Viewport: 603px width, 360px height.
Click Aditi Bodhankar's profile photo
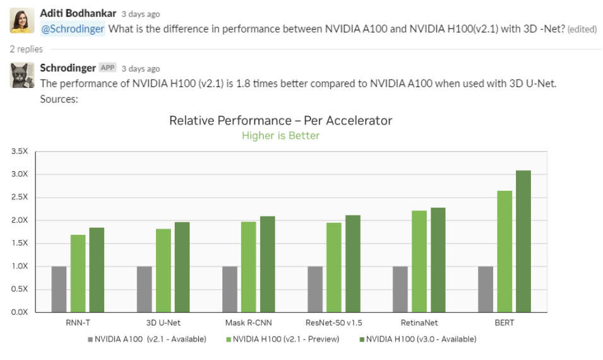21,21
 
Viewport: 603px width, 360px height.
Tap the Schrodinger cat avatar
21,75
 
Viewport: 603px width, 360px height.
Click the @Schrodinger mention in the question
73,29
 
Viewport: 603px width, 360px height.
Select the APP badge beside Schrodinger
108,68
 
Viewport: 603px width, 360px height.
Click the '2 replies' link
26,49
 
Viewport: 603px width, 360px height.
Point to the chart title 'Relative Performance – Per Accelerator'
280,120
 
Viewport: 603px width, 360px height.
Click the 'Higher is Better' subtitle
280,135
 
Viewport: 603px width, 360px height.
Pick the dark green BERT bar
523,241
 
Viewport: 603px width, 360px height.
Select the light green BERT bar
504,251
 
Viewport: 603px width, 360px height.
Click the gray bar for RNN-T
59,289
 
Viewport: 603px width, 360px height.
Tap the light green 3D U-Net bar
163,270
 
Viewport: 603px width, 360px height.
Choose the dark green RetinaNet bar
438,260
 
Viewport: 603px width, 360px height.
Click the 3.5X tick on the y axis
19,152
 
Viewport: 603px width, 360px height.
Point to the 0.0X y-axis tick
19,312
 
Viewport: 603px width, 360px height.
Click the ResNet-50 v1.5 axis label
334,323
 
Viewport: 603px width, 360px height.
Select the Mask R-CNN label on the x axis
248,323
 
